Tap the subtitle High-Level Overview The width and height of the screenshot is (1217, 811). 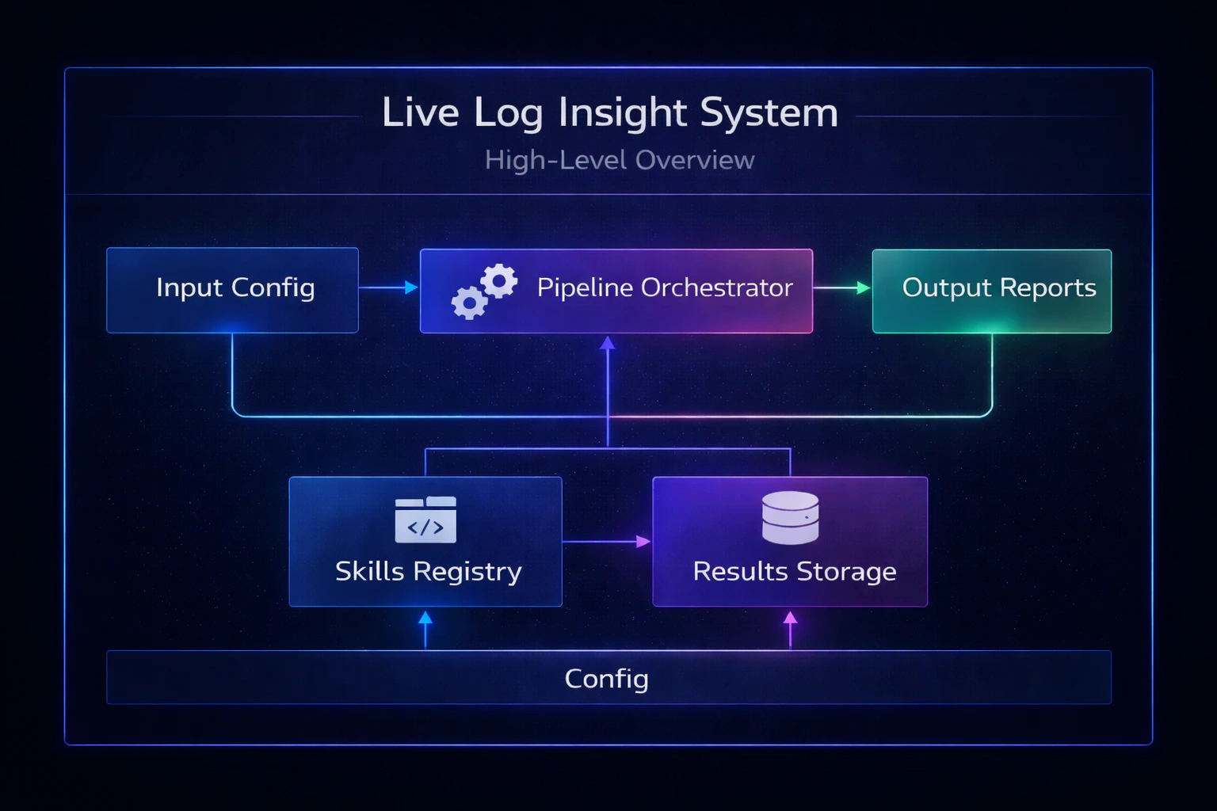[620, 160]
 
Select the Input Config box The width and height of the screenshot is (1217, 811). [232, 290]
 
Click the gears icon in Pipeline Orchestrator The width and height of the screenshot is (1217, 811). [484, 291]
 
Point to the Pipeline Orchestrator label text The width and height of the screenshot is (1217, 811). [664, 287]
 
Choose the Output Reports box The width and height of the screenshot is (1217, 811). [991, 291]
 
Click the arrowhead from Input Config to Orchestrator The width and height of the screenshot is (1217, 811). [411, 287]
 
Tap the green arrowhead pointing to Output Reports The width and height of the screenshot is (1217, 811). [864, 288]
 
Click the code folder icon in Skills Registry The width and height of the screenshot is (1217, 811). [425, 520]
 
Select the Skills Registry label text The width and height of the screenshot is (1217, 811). [428, 572]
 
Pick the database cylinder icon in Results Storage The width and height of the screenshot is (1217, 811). [790, 518]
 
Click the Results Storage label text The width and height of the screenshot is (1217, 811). [794, 572]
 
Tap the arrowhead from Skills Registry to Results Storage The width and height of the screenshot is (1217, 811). [643, 542]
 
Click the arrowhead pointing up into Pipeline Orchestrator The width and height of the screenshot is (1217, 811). [608, 343]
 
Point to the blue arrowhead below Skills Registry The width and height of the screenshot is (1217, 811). [425, 618]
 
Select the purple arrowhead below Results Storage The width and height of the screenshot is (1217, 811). [790, 618]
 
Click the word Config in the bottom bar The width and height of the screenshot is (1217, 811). [606, 679]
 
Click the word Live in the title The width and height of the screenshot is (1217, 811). [420, 112]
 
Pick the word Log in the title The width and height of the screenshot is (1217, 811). [507, 112]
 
